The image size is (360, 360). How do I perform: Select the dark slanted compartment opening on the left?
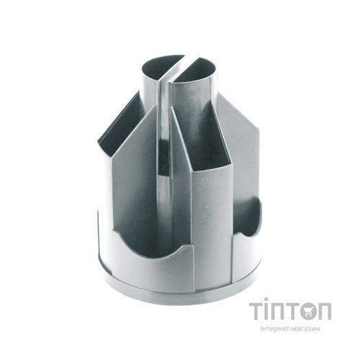pos(120,125)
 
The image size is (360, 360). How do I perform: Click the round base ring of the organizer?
pos(180,292)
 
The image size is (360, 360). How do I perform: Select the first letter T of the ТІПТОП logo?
pos(256,311)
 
